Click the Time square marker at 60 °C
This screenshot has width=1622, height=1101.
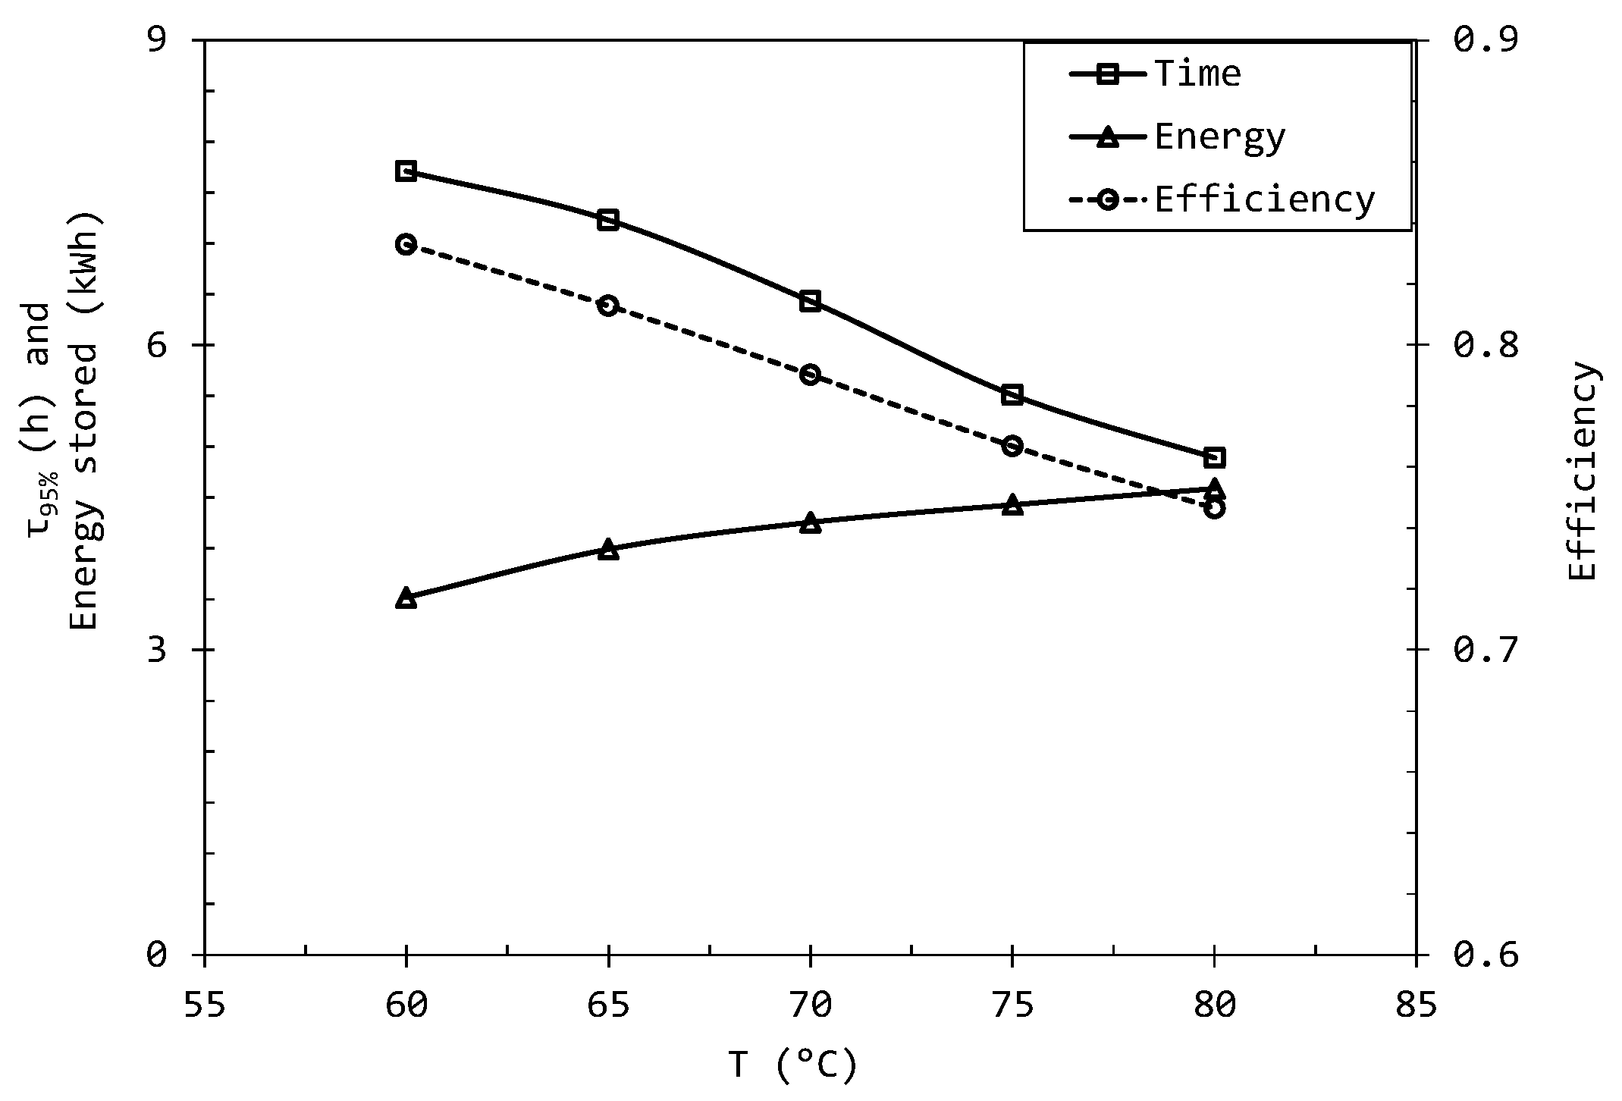(x=406, y=171)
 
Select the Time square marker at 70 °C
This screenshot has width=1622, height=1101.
(x=810, y=301)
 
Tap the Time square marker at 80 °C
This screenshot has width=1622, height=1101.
(x=1214, y=457)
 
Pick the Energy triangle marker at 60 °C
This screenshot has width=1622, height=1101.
(x=406, y=598)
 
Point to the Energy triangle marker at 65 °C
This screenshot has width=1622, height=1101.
(x=608, y=549)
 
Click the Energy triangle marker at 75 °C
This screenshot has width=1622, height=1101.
(x=1012, y=505)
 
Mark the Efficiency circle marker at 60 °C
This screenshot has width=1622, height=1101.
(x=406, y=244)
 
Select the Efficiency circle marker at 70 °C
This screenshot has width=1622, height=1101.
(x=810, y=375)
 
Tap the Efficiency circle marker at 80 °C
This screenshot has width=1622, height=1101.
(x=1214, y=507)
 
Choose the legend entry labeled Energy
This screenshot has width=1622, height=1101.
(x=1219, y=137)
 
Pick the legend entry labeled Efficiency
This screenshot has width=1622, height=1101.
(x=1264, y=200)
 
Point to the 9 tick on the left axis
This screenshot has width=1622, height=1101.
(x=156, y=39)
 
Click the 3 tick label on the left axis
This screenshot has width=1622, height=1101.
(x=156, y=650)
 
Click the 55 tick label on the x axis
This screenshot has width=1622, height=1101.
(x=205, y=1005)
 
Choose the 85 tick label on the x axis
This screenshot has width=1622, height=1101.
(x=1415, y=1005)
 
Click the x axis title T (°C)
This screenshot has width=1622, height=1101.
(x=793, y=1065)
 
